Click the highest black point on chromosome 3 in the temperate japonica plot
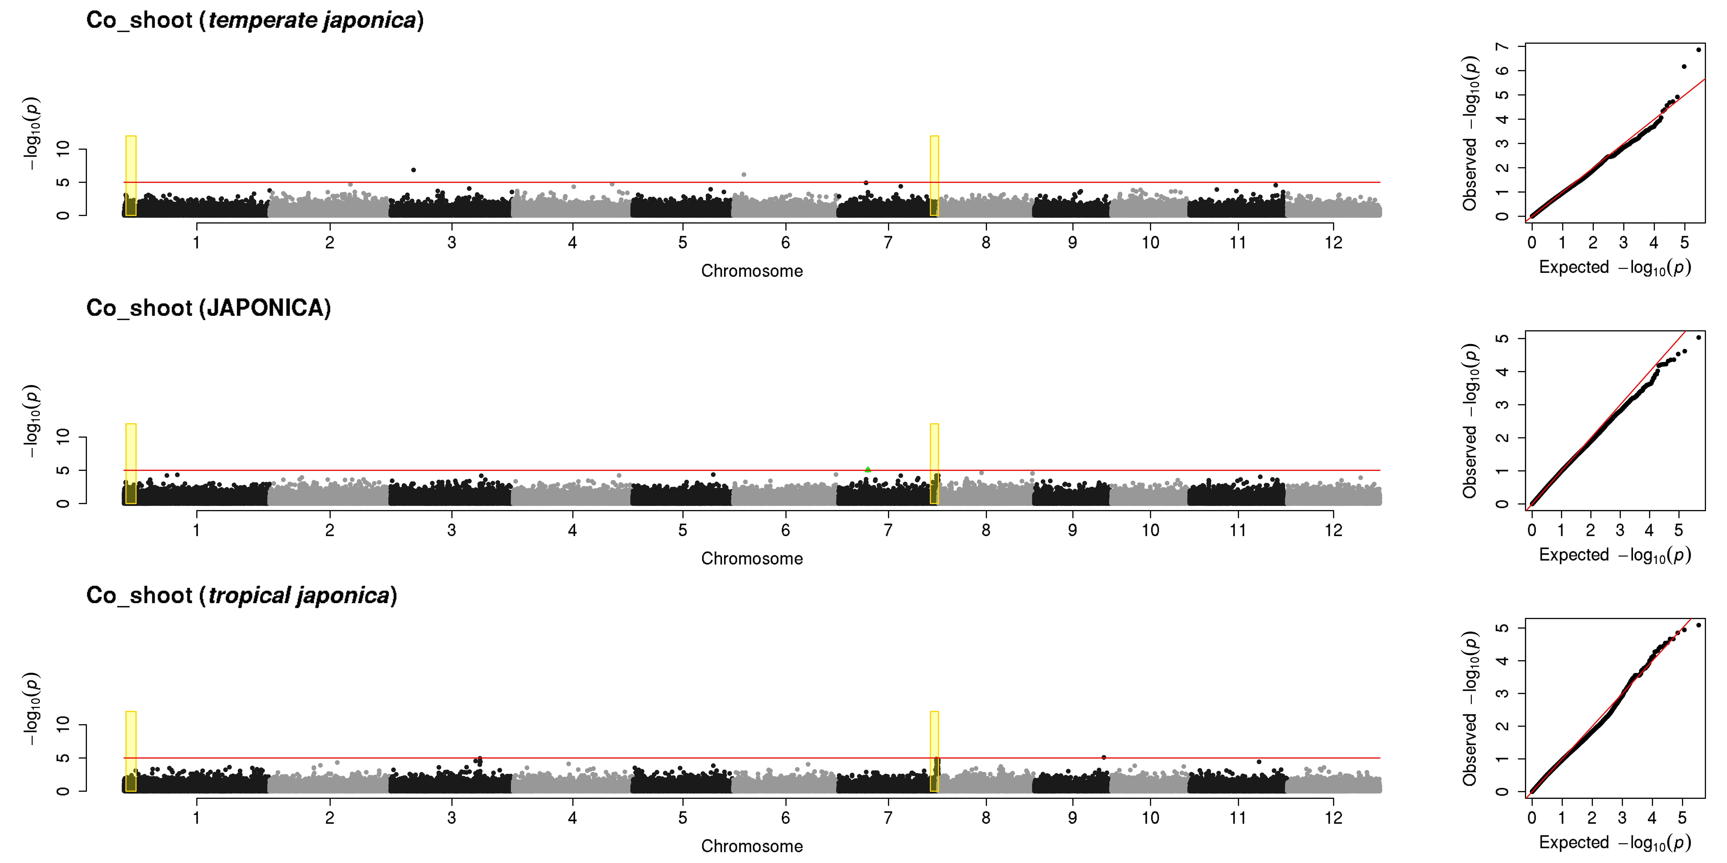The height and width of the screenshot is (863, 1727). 414,170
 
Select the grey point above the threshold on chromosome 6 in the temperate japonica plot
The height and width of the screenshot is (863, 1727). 744,175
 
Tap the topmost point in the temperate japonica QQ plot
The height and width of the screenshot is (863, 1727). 1698,50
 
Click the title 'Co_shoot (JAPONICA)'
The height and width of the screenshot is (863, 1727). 208,308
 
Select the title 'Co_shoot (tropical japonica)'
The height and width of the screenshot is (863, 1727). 241,596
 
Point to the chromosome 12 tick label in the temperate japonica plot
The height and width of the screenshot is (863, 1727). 1333,243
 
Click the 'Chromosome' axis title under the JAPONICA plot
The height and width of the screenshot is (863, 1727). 752,559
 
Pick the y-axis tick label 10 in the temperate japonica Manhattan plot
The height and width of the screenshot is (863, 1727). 63,149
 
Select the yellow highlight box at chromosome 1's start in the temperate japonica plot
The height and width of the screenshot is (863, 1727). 131,175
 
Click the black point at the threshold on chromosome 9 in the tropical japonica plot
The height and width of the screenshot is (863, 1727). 1103,757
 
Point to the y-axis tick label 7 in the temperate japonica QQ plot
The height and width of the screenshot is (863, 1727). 1502,46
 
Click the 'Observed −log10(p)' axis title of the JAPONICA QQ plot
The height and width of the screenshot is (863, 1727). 1470,421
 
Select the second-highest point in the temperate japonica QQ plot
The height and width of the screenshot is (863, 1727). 1683,66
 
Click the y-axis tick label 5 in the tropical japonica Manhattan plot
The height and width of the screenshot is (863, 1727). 63,758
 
